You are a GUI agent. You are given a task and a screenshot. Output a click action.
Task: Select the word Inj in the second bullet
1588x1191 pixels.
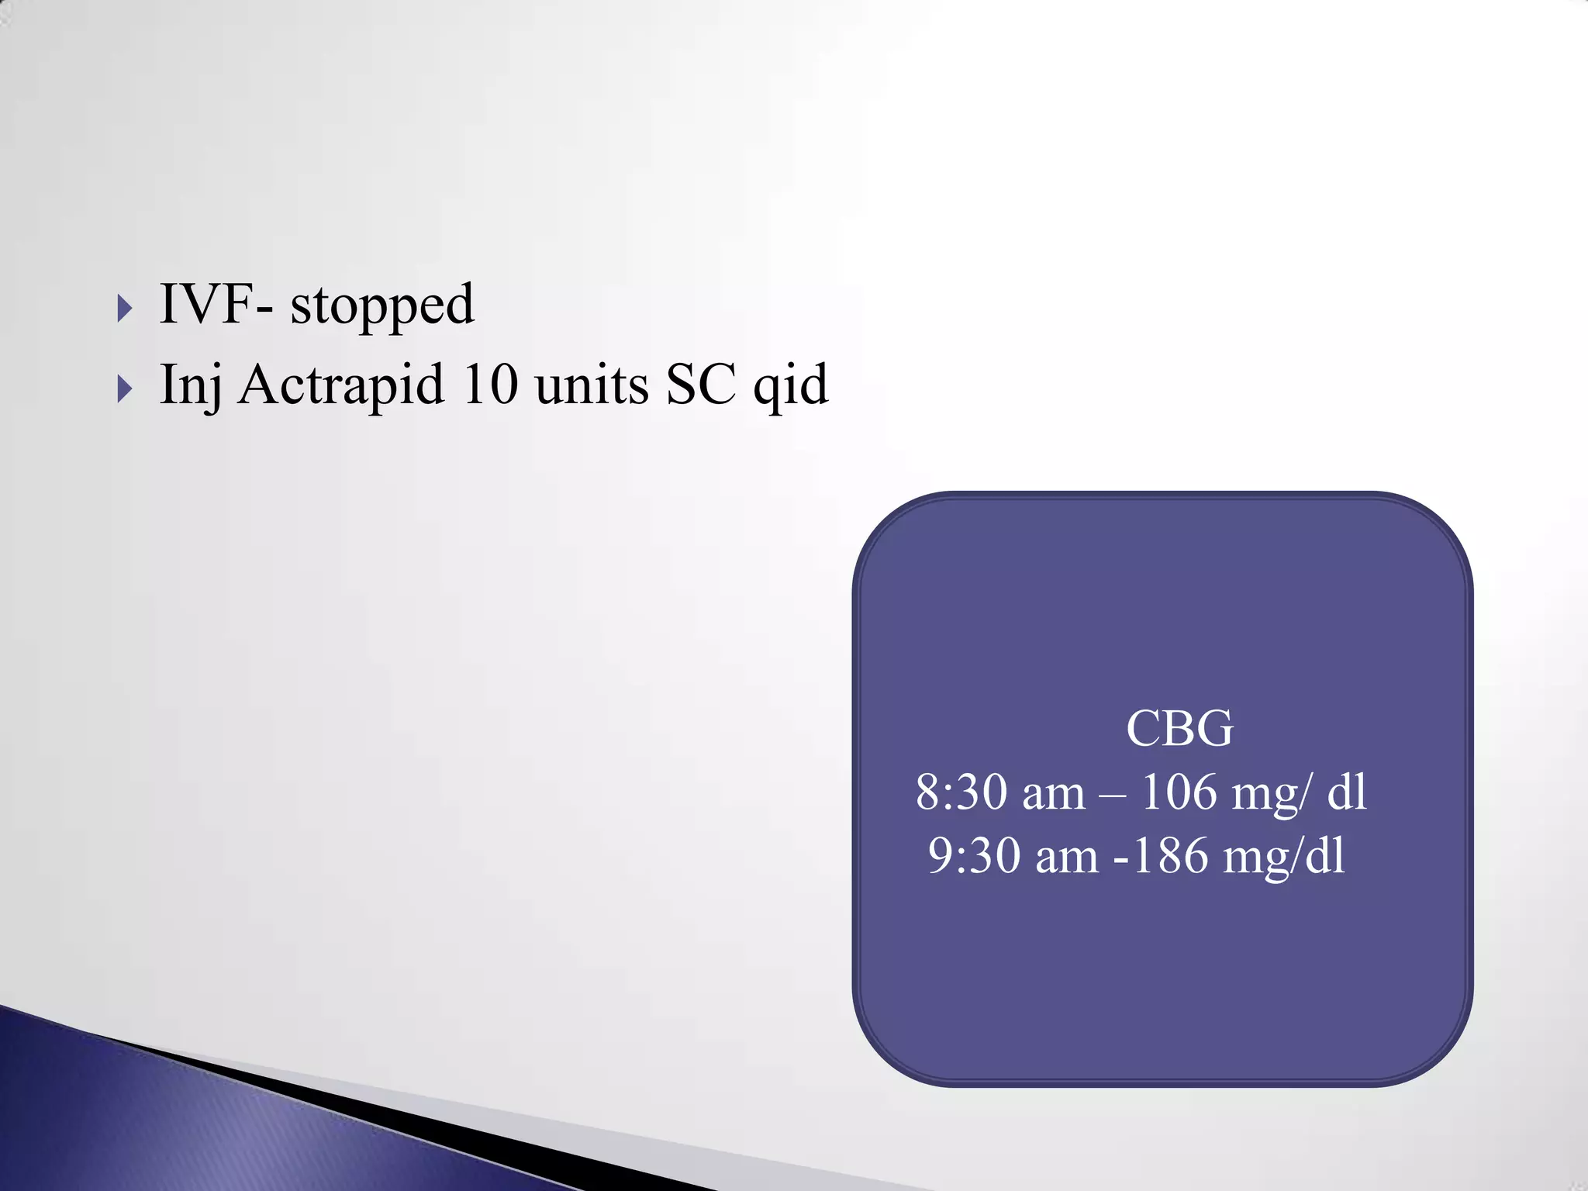pos(190,385)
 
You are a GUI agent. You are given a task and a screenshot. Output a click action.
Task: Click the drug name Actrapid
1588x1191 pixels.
pos(341,385)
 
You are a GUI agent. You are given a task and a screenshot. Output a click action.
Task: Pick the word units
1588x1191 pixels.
pos(592,385)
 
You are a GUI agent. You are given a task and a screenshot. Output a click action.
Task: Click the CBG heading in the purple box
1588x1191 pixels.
pos(1179,729)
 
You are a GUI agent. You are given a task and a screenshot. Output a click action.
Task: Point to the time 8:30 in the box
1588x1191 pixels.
pos(961,792)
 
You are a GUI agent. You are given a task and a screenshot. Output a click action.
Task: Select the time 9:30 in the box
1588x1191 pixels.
pos(974,856)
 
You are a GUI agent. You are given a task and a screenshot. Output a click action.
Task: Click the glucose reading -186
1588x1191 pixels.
pos(1161,856)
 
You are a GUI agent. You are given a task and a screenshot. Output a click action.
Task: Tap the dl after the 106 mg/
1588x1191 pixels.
pos(1347,792)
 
